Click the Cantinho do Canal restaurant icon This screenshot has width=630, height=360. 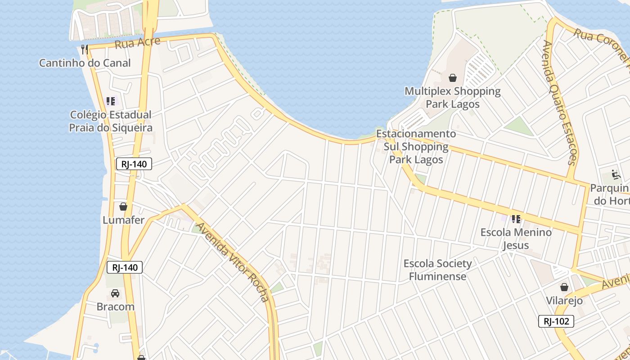click(x=84, y=49)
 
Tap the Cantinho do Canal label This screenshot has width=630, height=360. click(x=85, y=63)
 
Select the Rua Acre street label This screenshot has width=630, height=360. click(x=137, y=43)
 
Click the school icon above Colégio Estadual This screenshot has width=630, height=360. click(x=111, y=101)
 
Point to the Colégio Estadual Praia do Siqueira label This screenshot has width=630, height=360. click(x=111, y=121)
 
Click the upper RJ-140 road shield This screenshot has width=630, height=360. click(x=134, y=164)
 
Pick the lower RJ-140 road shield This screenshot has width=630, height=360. click(x=125, y=268)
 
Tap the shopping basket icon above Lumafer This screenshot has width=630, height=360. click(x=123, y=207)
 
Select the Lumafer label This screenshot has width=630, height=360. click(x=123, y=220)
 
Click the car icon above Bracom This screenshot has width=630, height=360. click(x=115, y=293)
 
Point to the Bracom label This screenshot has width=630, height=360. click(x=116, y=307)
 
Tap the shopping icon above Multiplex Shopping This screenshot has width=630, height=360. click(x=453, y=78)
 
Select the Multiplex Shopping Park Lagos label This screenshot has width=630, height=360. click(x=453, y=98)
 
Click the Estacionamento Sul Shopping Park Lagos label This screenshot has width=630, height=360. click(x=416, y=147)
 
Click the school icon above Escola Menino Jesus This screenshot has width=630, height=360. click(x=516, y=219)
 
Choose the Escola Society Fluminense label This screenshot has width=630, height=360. click(x=438, y=270)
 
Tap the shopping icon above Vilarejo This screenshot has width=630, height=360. click(x=564, y=287)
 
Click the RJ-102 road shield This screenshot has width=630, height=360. click(x=556, y=321)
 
